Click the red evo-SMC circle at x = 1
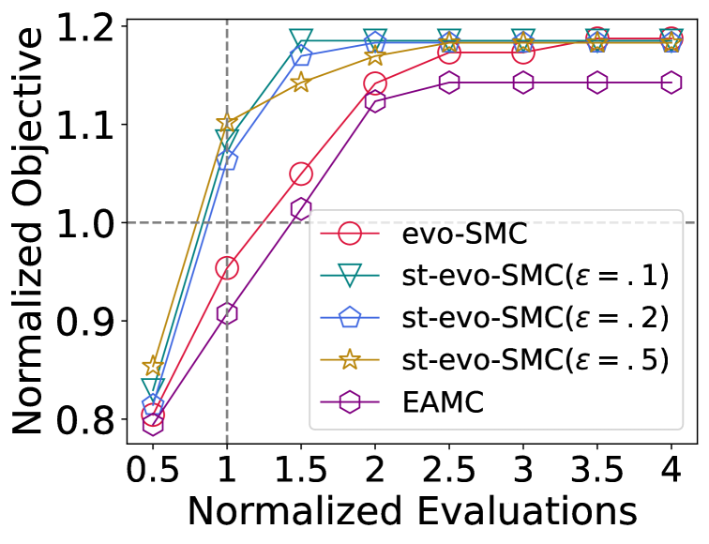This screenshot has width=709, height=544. click(227, 268)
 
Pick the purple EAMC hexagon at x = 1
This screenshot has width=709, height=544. click(227, 313)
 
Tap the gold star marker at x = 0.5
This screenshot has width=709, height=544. click(153, 365)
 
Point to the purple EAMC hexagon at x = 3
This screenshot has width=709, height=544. click(523, 83)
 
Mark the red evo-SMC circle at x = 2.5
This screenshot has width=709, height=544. click(449, 53)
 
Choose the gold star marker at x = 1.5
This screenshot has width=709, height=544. click(301, 83)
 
